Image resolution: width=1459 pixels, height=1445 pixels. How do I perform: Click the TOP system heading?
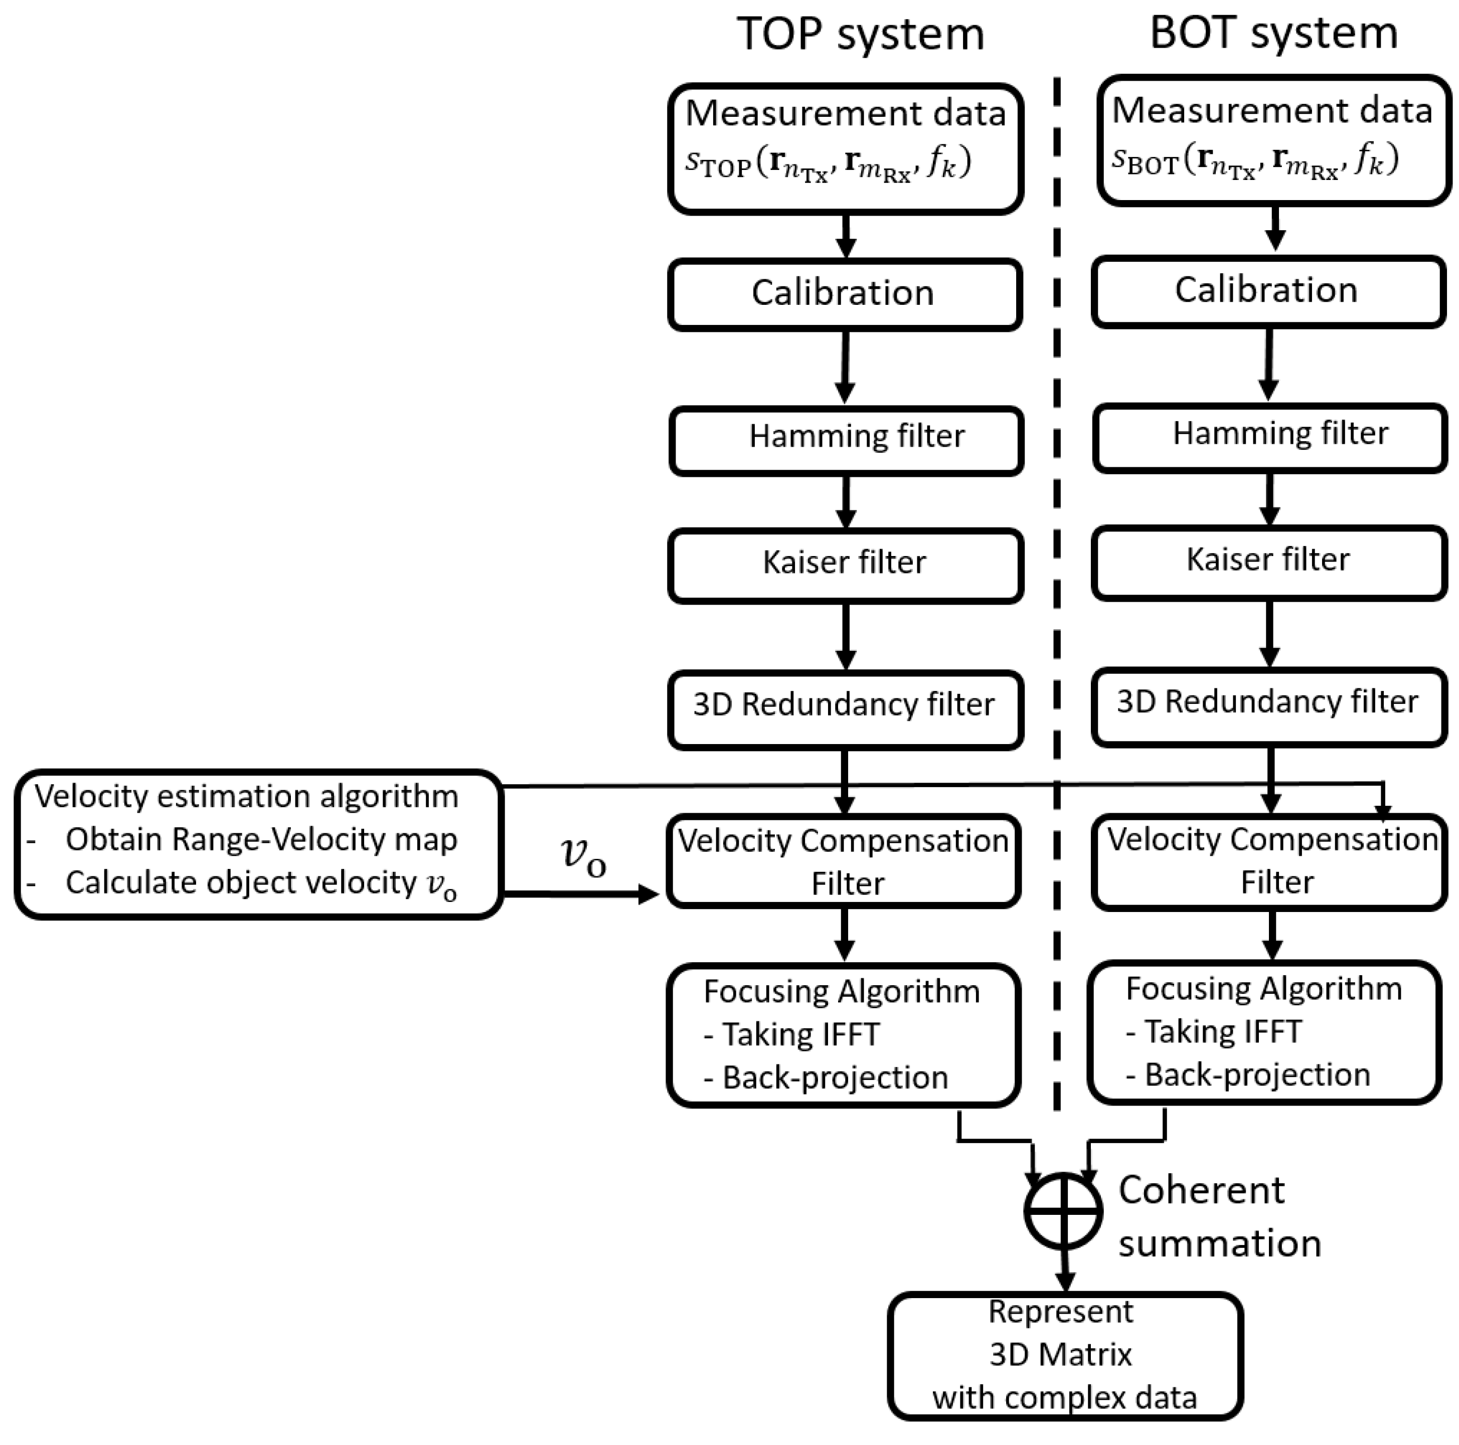coord(860,34)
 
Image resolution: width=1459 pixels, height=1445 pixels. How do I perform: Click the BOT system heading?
coord(1273,33)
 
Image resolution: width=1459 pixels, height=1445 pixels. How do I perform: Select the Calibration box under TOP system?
coord(844,294)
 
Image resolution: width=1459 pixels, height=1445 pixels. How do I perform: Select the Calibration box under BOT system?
coord(1268,291)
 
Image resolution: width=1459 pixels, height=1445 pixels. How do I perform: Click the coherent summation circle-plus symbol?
coord(1063,1211)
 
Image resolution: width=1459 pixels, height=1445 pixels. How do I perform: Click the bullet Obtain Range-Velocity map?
coord(260,839)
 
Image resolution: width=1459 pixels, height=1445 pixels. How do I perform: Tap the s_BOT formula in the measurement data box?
coord(1254,160)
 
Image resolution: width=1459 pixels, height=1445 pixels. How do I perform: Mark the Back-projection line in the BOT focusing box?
coord(1256,1074)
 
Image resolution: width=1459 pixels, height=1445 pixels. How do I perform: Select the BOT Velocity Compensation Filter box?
coord(1269,861)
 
